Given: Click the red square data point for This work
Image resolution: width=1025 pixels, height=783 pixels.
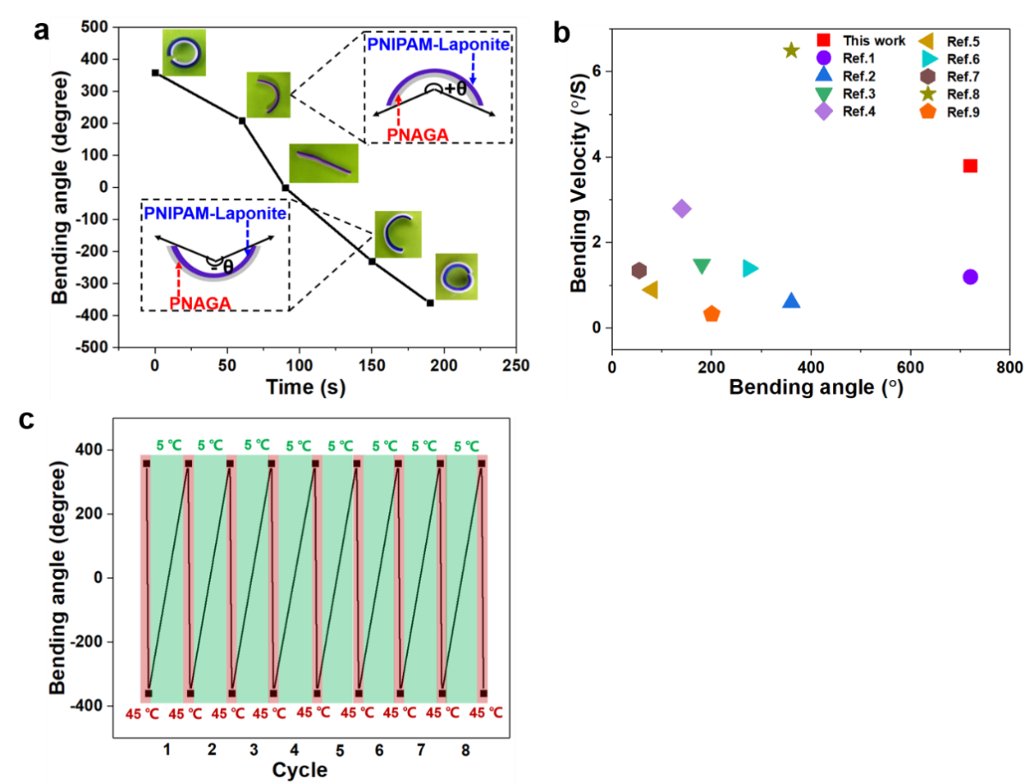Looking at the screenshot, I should pyautogui.click(x=970, y=166).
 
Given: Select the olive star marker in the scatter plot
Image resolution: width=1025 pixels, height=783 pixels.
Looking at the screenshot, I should pyautogui.click(x=791, y=51).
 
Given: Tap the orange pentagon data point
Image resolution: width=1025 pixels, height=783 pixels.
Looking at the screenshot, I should pyautogui.click(x=711, y=314).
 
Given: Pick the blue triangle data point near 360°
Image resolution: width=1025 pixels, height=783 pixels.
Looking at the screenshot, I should pyautogui.click(x=791, y=301).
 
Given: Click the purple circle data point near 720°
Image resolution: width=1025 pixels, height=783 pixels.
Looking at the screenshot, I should pyautogui.click(x=970, y=276).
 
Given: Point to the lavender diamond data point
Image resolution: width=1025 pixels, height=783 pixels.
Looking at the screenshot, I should pyautogui.click(x=682, y=208).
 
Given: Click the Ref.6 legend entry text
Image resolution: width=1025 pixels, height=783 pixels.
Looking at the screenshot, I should pyautogui.click(x=963, y=59).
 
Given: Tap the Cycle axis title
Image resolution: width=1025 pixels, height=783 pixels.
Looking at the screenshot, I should pyautogui.click(x=299, y=769).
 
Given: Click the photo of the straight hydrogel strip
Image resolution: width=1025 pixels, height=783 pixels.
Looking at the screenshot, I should pyautogui.click(x=323, y=163).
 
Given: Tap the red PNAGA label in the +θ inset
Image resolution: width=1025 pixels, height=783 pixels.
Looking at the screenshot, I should pyautogui.click(x=399, y=135).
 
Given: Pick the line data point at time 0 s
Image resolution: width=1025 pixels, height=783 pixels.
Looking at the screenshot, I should pyautogui.click(x=155, y=73).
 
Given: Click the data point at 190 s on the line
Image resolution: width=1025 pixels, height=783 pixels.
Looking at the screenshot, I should pyautogui.click(x=429, y=303).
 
